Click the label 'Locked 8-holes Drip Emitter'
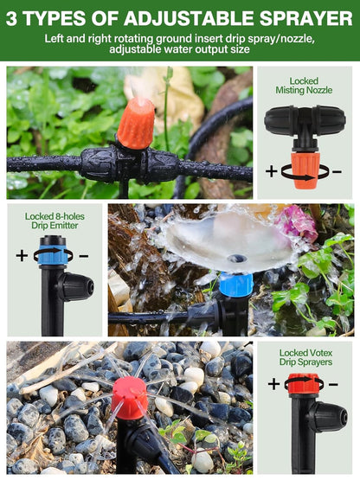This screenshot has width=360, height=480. pos(54,221)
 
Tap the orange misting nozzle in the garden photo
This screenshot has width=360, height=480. pos(135,124)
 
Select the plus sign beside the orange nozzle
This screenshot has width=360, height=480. pos(271,171)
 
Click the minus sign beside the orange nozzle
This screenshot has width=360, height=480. pos(336,171)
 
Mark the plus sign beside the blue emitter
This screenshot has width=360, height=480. pos(22,255)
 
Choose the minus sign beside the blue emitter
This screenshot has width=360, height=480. pos(84,255)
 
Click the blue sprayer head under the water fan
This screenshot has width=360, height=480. pos(235,283)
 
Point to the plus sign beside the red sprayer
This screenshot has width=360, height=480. pos(273,384)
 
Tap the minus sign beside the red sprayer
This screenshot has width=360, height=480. pos(333,384)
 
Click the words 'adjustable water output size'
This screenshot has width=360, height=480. pos(179,49)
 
